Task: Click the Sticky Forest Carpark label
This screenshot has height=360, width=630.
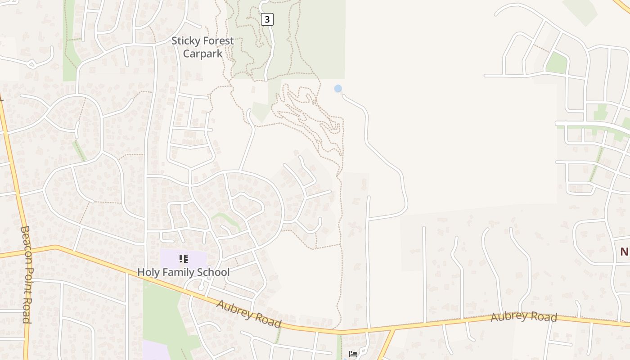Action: [x=202, y=47]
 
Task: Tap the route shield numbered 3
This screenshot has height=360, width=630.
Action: [x=267, y=19]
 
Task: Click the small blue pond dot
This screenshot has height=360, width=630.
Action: [x=338, y=89]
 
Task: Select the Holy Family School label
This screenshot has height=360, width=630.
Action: [x=183, y=272]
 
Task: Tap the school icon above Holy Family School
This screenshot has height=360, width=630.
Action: [x=183, y=259]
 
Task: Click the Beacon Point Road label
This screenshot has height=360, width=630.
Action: [x=26, y=274]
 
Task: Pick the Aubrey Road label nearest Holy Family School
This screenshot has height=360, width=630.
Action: [x=249, y=314]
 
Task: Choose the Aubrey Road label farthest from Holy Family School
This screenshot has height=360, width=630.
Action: [x=524, y=317]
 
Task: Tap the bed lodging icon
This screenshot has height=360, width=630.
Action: [x=353, y=354]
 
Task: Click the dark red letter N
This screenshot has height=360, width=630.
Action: [x=624, y=252]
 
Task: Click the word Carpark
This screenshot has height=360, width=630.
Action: [x=202, y=54]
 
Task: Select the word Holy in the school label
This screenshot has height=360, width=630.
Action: [x=148, y=272]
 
